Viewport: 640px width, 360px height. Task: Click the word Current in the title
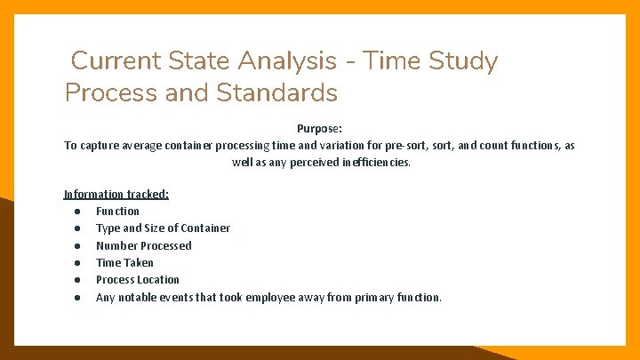pyautogui.click(x=114, y=61)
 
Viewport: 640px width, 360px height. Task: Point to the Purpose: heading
pyautogui.click(x=319, y=128)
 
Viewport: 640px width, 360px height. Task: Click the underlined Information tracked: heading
pyautogui.click(x=116, y=194)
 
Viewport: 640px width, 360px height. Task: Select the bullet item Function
pyautogui.click(x=117, y=211)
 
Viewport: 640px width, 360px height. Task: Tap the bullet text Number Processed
pyautogui.click(x=143, y=245)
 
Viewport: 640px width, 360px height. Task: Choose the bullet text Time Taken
pyautogui.click(x=124, y=262)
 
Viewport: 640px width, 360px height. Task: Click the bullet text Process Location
pyautogui.click(x=137, y=279)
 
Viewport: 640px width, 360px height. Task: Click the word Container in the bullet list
pyautogui.click(x=205, y=228)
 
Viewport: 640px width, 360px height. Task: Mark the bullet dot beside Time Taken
pyautogui.click(x=78, y=263)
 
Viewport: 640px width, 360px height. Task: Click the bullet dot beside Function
pyautogui.click(x=78, y=212)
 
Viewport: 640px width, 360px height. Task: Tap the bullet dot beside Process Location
pyautogui.click(x=78, y=280)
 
